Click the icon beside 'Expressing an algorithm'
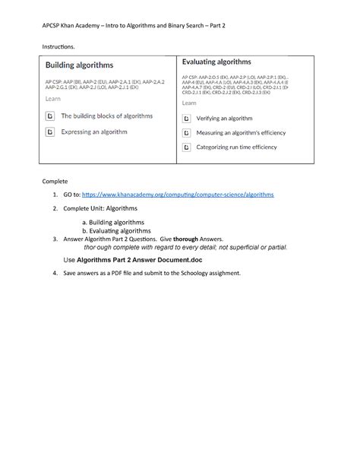click(x=50, y=132)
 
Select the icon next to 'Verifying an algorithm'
click(x=187, y=119)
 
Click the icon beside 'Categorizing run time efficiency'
click(x=187, y=147)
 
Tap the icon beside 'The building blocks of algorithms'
click(x=50, y=116)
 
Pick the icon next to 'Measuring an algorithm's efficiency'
click(x=187, y=132)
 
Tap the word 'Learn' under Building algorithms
click(x=53, y=99)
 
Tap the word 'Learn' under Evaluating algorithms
click(x=189, y=103)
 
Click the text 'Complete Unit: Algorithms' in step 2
click(x=100, y=208)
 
